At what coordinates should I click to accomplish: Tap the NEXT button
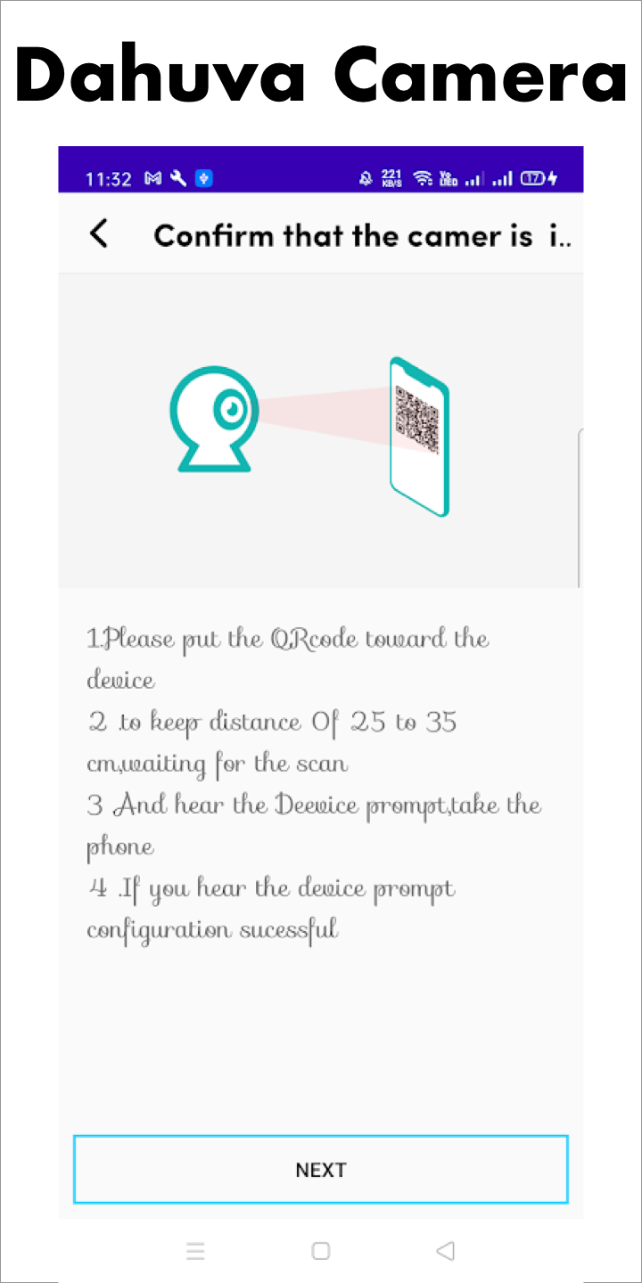click(321, 1169)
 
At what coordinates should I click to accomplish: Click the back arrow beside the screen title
click(99, 233)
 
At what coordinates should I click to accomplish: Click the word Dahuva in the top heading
click(160, 75)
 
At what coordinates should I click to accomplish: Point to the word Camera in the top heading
click(481, 75)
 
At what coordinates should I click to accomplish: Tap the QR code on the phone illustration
click(416, 419)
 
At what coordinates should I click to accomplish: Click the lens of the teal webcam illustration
click(231, 409)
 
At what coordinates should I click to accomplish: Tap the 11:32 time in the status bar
click(109, 179)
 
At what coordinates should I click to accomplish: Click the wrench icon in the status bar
click(178, 179)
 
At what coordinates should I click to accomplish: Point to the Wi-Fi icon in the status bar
click(423, 179)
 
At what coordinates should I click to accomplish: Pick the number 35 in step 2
click(440, 722)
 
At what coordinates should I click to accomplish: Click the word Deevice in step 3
click(317, 805)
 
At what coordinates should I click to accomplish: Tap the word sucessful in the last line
click(289, 929)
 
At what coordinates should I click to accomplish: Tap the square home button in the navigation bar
click(320, 1250)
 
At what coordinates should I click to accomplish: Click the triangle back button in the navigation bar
click(446, 1250)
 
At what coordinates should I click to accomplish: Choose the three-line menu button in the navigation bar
click(195, 1250)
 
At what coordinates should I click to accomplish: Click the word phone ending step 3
click(120, 847)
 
